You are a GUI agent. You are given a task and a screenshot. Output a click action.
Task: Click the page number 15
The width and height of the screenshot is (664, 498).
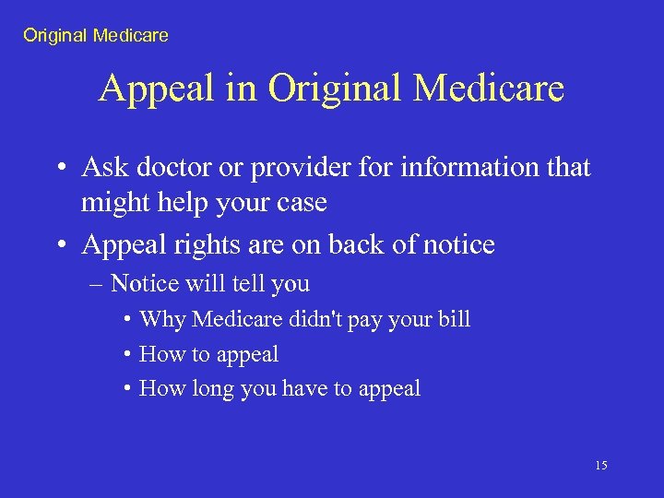(600, 466)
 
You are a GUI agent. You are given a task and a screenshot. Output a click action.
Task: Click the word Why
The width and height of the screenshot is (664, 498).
(162, 319)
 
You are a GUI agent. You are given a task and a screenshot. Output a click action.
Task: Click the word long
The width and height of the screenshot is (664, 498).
(213, 388)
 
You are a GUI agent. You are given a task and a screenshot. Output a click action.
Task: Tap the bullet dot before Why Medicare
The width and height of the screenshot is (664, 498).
(126, 320)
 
